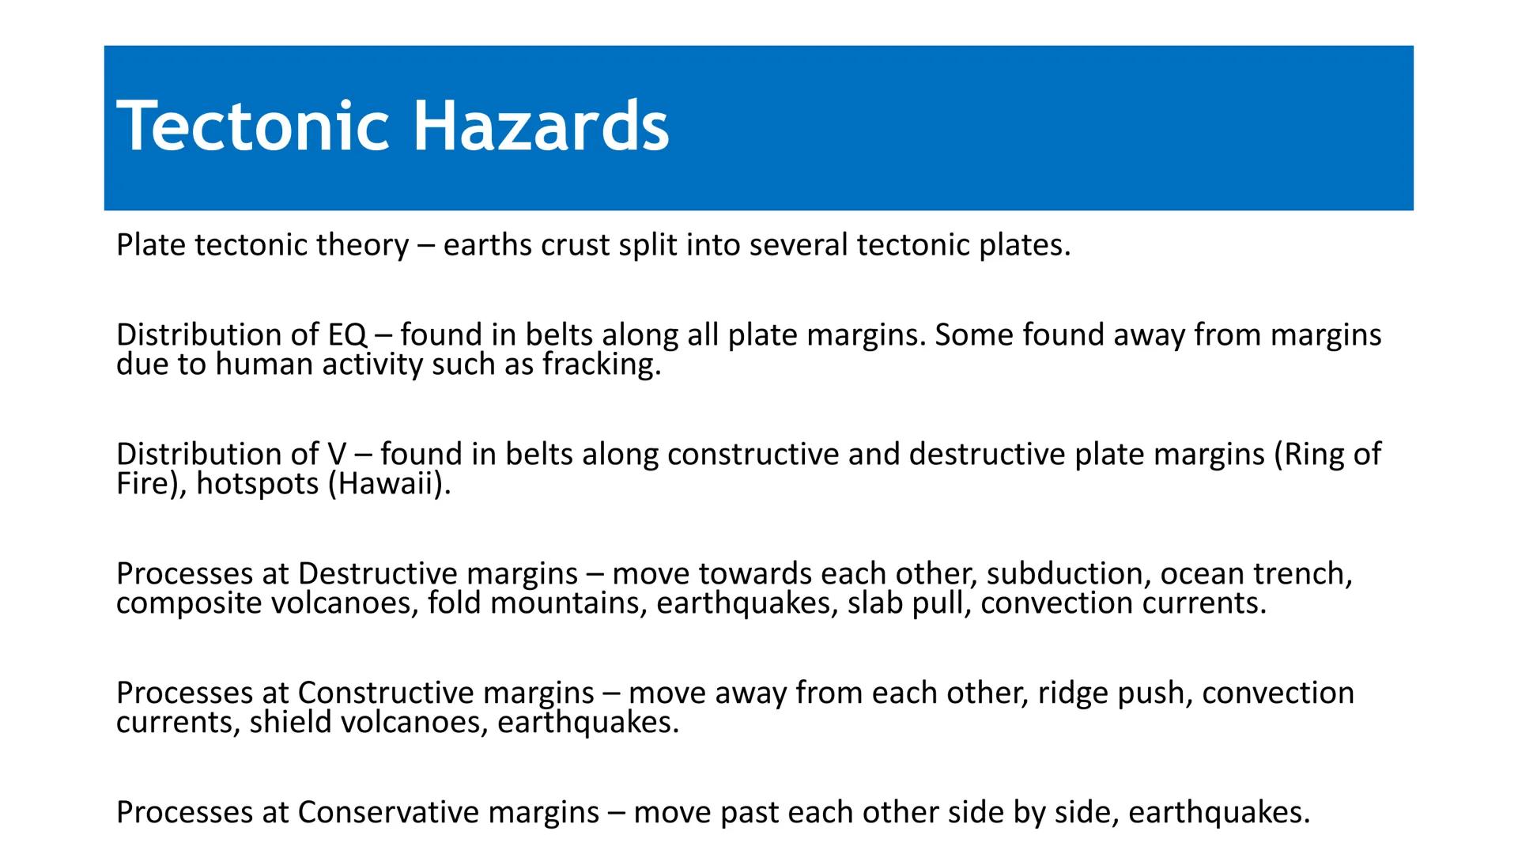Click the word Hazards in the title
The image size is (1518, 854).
tap(541, 127)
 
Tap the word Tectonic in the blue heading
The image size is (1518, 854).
tap(253, 127)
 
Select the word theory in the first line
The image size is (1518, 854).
tap(362, 245)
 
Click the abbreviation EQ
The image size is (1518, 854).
tap(347, 335)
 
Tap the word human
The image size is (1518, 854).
tap(264, 365)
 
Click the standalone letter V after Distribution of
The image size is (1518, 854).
tap(336, 455)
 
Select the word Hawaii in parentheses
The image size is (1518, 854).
tap(387, 484)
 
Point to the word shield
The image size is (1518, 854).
tap(290, 723)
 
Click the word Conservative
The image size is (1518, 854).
tap(387, 813)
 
